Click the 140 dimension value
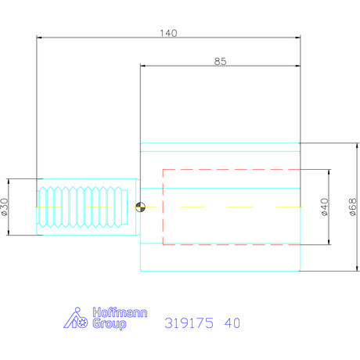point(168,33)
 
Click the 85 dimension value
point(219,62)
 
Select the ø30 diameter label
point(6,207)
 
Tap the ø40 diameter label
point(324,207)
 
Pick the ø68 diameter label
point(351,207)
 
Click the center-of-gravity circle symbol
point(139,207)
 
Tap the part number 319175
point(189,322)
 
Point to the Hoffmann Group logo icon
point(77,318)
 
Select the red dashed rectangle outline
point(162,207)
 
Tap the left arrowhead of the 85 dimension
point(143,67)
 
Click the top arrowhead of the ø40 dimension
point(329,171)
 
